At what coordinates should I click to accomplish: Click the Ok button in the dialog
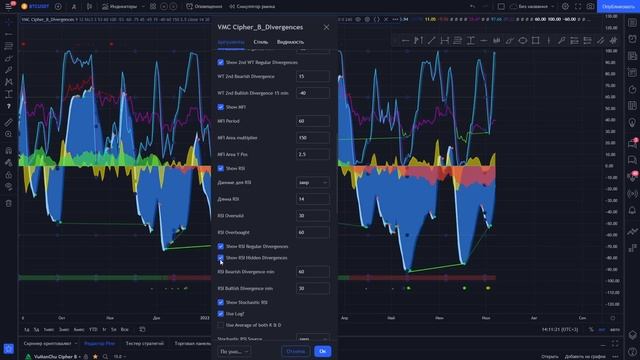322,351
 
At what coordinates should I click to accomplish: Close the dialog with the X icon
326,27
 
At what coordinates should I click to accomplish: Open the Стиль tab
260,43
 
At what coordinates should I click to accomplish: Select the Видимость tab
291,43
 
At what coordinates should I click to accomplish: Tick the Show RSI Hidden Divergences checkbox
221,257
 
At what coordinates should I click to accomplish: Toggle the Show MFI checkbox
221,106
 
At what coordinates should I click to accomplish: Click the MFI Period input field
314,121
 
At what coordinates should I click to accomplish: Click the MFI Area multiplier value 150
314,137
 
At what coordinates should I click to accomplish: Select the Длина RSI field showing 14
314,199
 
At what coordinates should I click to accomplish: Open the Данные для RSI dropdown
314,183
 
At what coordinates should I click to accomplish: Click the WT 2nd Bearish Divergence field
314,76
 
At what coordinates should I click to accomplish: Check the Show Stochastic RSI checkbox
221,302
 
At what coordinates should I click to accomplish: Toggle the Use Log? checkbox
221,313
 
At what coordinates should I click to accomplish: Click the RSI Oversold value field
314,215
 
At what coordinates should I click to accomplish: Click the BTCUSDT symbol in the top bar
39,6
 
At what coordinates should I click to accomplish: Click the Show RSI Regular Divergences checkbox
221,246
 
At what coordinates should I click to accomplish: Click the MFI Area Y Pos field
314,154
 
